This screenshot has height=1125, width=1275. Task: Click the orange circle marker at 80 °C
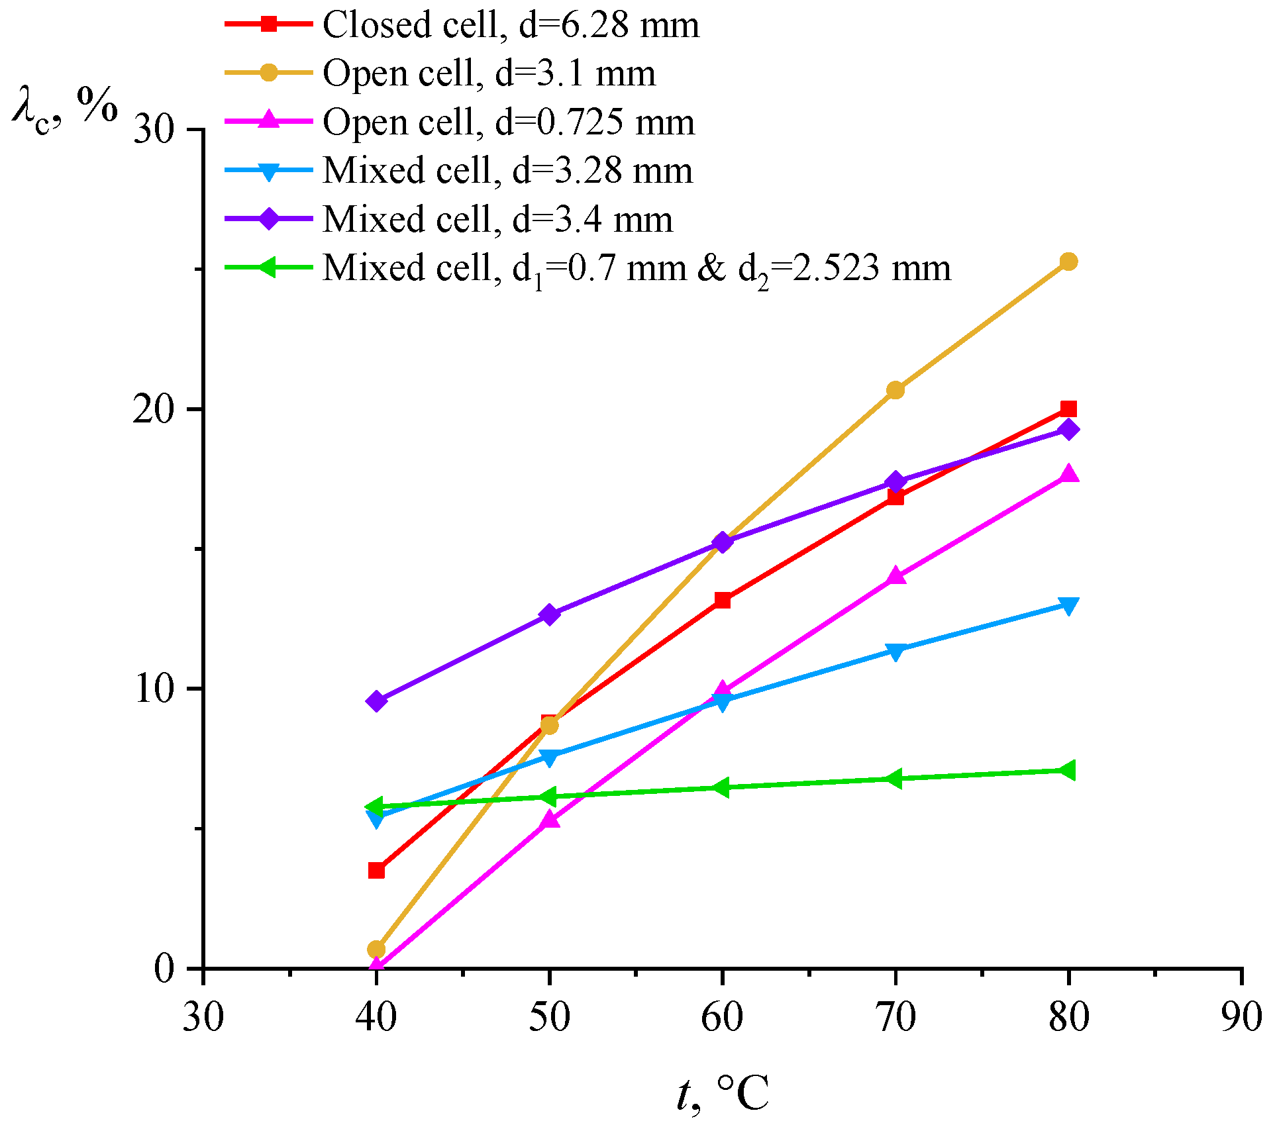(x=1068, y=262)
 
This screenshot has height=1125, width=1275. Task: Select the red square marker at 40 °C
(x=376, y=870)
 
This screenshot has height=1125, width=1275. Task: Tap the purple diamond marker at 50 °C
(x=549, y=614)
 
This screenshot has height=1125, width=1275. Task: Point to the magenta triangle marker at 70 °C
(x=895, y=575)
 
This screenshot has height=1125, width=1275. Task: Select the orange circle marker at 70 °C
(x=895, y=390)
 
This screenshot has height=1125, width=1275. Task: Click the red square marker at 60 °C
(x=722, y=601)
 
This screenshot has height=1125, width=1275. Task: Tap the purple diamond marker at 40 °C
(x=376, y=701)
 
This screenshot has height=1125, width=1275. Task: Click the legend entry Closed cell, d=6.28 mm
(x=510, y=25)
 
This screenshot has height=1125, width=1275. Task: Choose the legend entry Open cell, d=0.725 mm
(x=508, y=122)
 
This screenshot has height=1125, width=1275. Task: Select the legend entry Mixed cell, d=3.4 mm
(x=497, y=219)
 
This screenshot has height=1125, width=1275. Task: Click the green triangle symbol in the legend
(x=268, y=268)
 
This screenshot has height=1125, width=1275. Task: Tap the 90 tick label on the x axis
(x=1241, y=1017)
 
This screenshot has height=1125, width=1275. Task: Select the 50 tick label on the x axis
(x=549, y=1017)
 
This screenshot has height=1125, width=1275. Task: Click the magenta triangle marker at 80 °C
(x=1068, y=473)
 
